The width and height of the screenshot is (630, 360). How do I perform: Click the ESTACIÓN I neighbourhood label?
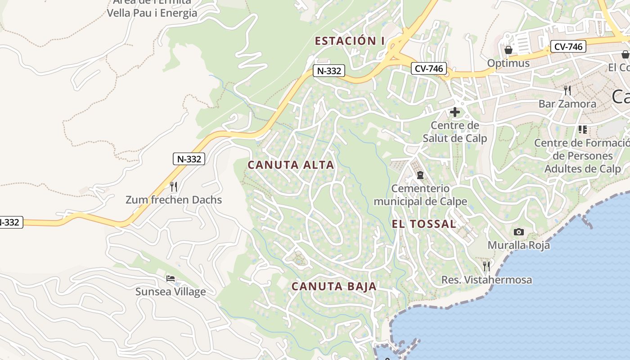click(349, 41)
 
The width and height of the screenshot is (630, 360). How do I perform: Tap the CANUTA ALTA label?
click(291, 165)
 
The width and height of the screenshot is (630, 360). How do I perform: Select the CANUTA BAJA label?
click(334, 286)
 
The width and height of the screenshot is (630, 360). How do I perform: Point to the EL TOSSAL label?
click(423, 224)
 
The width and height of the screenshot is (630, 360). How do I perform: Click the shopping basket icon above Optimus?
click(508, 49)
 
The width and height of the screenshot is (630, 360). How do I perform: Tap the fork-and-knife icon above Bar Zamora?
click(567, 90)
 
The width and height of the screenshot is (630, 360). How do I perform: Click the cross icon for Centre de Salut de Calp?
click(455, 112)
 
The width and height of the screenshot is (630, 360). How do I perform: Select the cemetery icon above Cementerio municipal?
click(420, 175)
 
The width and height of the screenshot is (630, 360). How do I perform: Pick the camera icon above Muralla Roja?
click(519, 232)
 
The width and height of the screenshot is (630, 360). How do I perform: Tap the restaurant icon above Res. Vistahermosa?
click(486, 266)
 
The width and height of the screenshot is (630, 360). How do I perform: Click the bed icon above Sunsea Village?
click(171, 278)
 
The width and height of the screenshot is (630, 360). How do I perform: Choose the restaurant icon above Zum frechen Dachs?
click(174, 186)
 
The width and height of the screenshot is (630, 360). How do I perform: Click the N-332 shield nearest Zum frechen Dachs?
click(189, 158)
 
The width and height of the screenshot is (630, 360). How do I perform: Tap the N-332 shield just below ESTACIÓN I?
click(329, 71)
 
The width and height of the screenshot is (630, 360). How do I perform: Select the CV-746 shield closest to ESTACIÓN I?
click(428, 69)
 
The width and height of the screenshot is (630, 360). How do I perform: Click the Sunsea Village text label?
click(171, 292)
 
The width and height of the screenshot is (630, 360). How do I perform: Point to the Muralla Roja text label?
click(519, 245)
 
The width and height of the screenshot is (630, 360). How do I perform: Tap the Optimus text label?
click(508, 63)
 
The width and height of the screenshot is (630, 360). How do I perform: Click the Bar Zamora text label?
click(567, 104)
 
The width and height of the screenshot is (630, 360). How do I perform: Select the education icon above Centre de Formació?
click(583, 130)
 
